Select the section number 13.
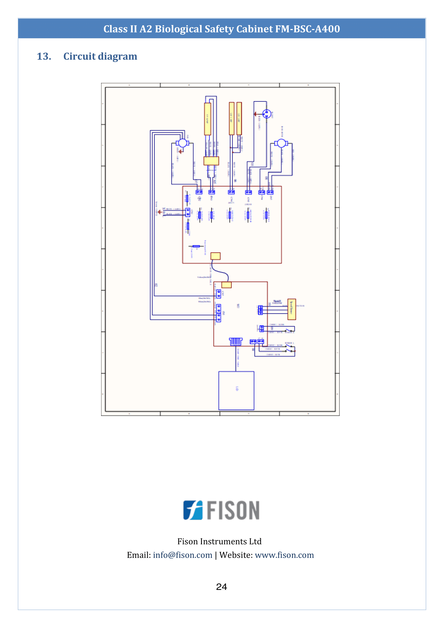pyautogui.click(x=44, y=56)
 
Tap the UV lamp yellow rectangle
pyautogui.click(x=208, y=119)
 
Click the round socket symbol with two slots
pyautogui.click(x=267, y=113)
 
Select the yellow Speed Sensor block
pyautogui.click(x=291, y=309)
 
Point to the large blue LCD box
pyautogui.click(x=236, y=390)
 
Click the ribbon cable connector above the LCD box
pyautogui.click(x=236, y=341)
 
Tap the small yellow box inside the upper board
pyautogui.click(x=216, y=256)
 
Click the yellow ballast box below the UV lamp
pyautogui.click(x=211, y=161)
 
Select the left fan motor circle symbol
pyautogui.click(x=182, y=143)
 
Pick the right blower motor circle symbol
pyautogui.click(x=281, y=143)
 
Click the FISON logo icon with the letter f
pyautogui.click(x=193, y=510)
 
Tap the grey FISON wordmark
pyautogui.click(x=233, y=511)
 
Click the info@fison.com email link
pyautogui.click(x=182, y=555)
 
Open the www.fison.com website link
pyautogui.click(x=284, y=555)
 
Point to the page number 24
pyautogui.click(x=221, y=587)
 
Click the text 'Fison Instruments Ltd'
pyautogui.click(x=219, y=541)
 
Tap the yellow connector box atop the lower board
pyautogui.click(x=226, y=285)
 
